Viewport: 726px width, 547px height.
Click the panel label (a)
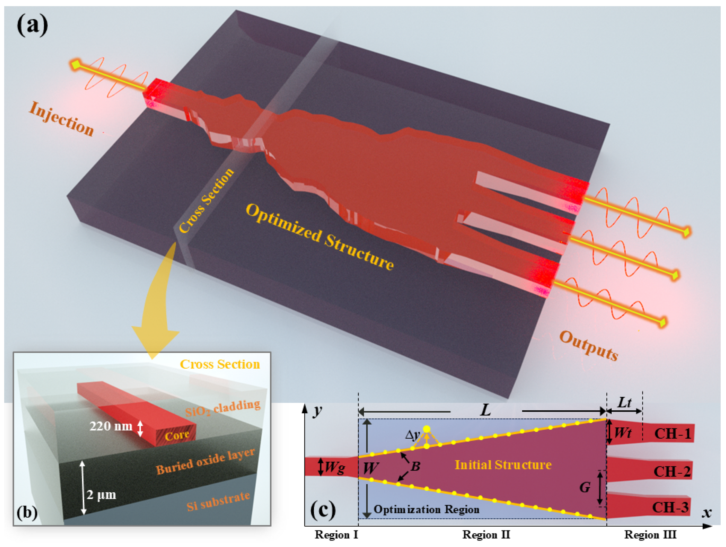[x=32, y=25]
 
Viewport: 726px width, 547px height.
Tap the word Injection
[x=62, y=119]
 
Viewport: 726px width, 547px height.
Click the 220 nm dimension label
[x=111, y=426]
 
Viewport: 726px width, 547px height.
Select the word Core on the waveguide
[x=177, y=436]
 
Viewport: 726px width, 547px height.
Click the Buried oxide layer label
[x=205, y=461]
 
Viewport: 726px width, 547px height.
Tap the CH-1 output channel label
[x=673, y=434]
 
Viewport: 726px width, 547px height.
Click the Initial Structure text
[x=503, y=465]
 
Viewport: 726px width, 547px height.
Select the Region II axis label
[x=486, y=535]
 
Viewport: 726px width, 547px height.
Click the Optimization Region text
[x=426, y=509]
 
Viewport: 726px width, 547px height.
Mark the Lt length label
[x=624, y=403]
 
